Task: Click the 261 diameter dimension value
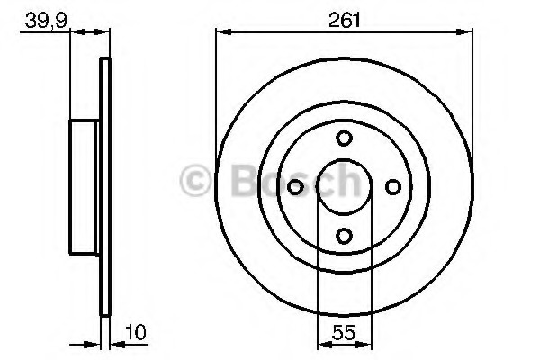click(x=344, y=20)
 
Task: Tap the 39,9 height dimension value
click(x=46, y=22)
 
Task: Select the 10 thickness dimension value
click(x=136, y=332)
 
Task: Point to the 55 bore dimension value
click(x=344, y=333)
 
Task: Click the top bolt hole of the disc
click(x=344, y=138)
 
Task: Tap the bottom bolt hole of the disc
click(x=344, y=236)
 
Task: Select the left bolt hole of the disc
click(x=295, y=187)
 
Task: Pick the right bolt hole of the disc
click(x=393, y=187)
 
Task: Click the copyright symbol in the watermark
click(x=195, y=181)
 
